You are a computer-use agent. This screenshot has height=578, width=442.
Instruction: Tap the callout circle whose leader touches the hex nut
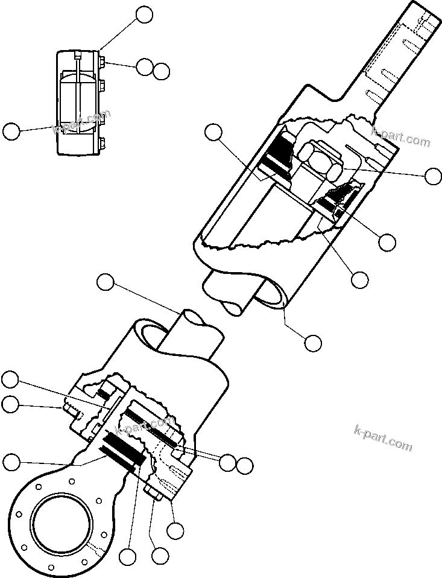point(433,176)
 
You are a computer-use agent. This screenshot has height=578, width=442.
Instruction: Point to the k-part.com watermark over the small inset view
point(82,121)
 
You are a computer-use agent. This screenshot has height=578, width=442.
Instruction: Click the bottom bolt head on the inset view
point(102,143)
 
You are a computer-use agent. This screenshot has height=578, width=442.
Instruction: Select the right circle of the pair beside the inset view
point(161,71)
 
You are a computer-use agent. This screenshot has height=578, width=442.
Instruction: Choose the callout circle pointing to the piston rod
point(106,282)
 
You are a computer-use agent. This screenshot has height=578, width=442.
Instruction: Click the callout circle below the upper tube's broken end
point(312,343)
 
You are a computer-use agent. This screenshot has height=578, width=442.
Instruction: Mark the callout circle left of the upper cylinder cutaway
point(213,133)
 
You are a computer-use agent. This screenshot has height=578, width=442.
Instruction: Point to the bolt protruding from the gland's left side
point(68,412)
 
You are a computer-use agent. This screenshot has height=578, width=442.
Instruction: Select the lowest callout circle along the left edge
point(11,463)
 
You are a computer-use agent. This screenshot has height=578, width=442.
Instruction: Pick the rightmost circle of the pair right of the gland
point(244,466)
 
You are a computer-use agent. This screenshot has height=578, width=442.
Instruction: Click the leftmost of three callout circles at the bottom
point(127,556)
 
